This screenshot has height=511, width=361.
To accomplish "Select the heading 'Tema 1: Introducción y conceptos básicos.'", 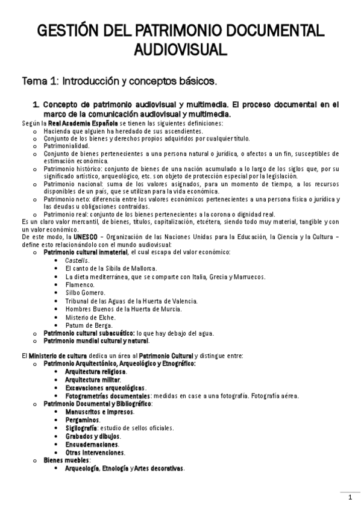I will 119,80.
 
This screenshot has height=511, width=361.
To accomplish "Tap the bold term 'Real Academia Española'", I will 83,123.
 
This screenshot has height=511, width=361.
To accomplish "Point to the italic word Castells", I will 78,260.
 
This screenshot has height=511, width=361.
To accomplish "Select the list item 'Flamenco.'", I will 80,284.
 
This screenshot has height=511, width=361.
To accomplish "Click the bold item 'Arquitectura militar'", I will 92,380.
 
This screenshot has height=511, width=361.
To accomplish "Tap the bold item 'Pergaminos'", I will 83,419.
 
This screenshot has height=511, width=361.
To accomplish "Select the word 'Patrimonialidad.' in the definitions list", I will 67,146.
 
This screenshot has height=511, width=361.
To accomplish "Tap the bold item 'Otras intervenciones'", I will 95,452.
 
